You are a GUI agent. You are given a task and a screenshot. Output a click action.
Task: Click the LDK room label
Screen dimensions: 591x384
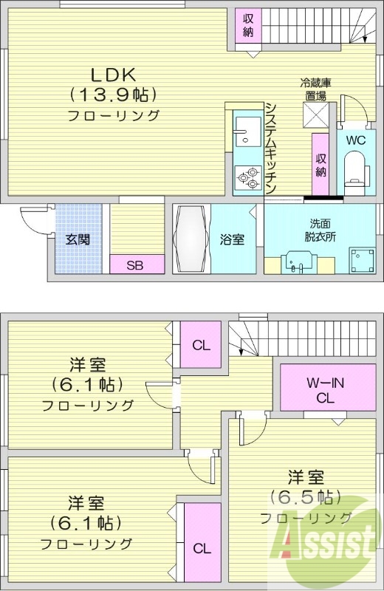click(113, 75)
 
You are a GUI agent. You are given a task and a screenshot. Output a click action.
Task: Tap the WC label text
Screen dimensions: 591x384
click(355, 140)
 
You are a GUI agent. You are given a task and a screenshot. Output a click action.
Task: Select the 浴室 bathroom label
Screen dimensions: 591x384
click(232, 239)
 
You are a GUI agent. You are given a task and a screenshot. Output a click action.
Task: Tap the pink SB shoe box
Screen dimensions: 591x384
click(134, 265)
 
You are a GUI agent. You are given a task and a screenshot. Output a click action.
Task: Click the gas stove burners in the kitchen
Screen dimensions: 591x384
click(248, 177)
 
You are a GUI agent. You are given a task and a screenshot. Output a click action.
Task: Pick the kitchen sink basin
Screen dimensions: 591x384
click(244, 134)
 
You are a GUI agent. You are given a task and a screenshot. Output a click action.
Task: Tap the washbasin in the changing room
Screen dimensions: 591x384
click(298, 262)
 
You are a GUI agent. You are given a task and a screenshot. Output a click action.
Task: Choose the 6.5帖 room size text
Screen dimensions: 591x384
click(304, 496)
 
